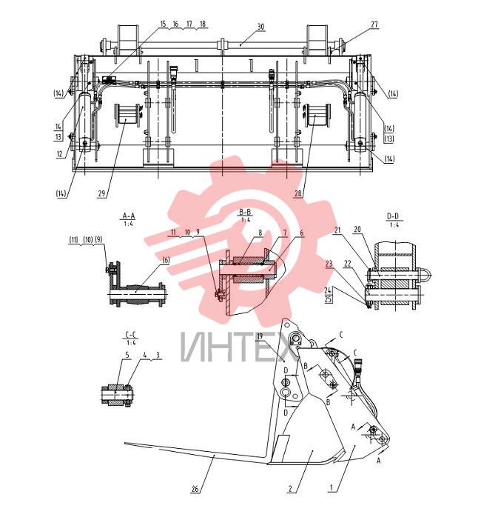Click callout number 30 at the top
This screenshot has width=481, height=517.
[x=260, y=27]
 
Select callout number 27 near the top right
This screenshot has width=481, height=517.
[x=374, y=24]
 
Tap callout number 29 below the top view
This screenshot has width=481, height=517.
[x=101, y=193]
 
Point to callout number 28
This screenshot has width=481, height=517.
[x=297, y=193]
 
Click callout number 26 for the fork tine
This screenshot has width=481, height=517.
[x=195, y=489]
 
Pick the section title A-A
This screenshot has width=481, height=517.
[x=129, y=216]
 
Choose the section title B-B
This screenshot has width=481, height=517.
[x=245, y=212]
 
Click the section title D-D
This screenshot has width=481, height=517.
[x=393, y=216]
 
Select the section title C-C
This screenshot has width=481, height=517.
[x=131, y=335]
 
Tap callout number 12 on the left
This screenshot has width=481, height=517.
[x=59, y=153]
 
